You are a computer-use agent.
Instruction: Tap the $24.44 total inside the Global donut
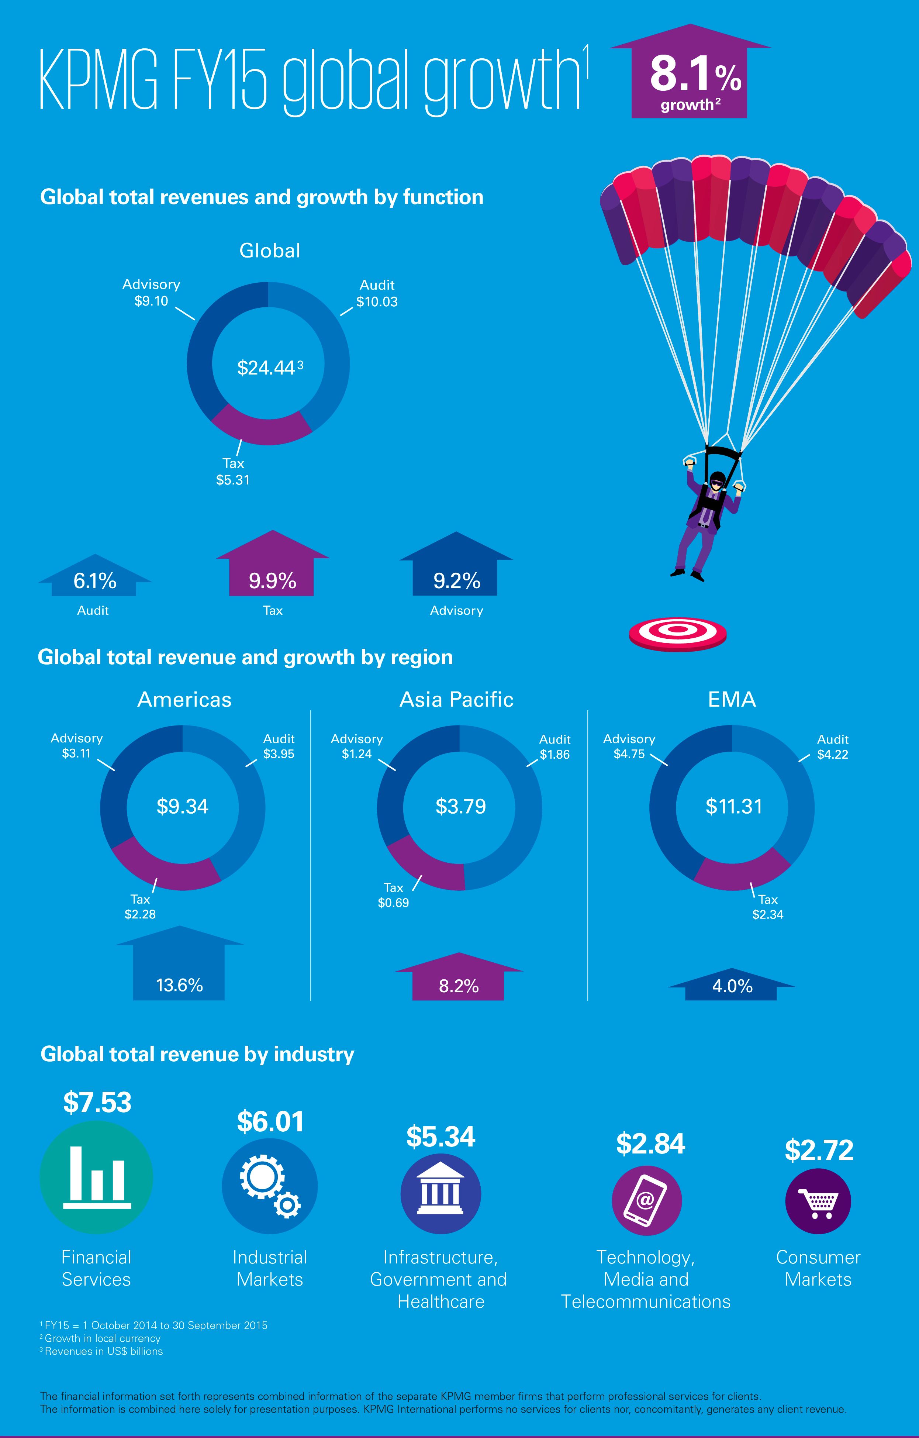(266, 367)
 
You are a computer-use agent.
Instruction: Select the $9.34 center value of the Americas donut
(182, 806)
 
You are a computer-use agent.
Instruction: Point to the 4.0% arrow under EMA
(732, 986)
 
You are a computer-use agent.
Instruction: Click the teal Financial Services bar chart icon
(96, 1176)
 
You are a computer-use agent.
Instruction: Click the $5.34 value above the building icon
(441, 1137)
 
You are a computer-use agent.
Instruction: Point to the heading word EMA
(732, 699)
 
